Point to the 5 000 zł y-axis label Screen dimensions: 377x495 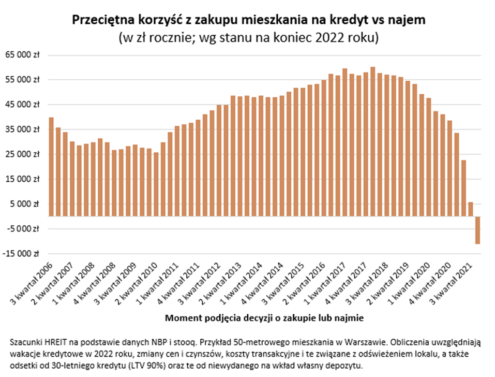27,204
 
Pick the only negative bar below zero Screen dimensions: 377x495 478,230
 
